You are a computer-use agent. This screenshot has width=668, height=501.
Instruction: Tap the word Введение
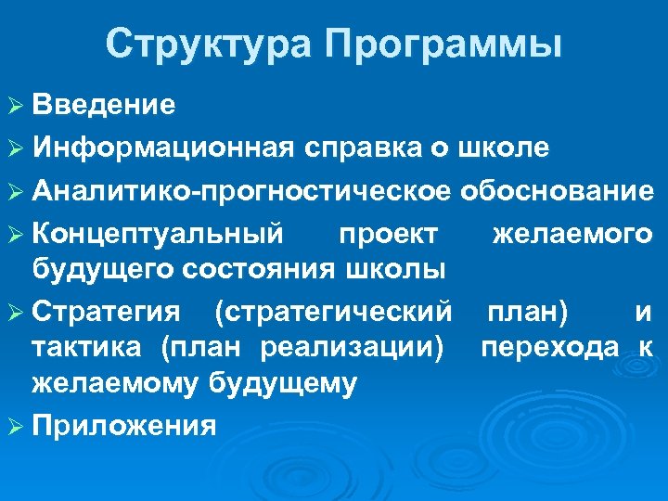point(103,104)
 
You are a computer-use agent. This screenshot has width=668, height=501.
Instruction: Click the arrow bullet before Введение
point(16,105)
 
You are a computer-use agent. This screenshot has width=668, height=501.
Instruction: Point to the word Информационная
point(163,147)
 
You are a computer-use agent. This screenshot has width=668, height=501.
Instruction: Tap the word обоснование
point(557,190)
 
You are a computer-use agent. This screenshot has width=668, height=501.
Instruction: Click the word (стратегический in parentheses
point(335,313)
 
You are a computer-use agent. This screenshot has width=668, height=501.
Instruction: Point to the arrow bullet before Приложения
point(16,426)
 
